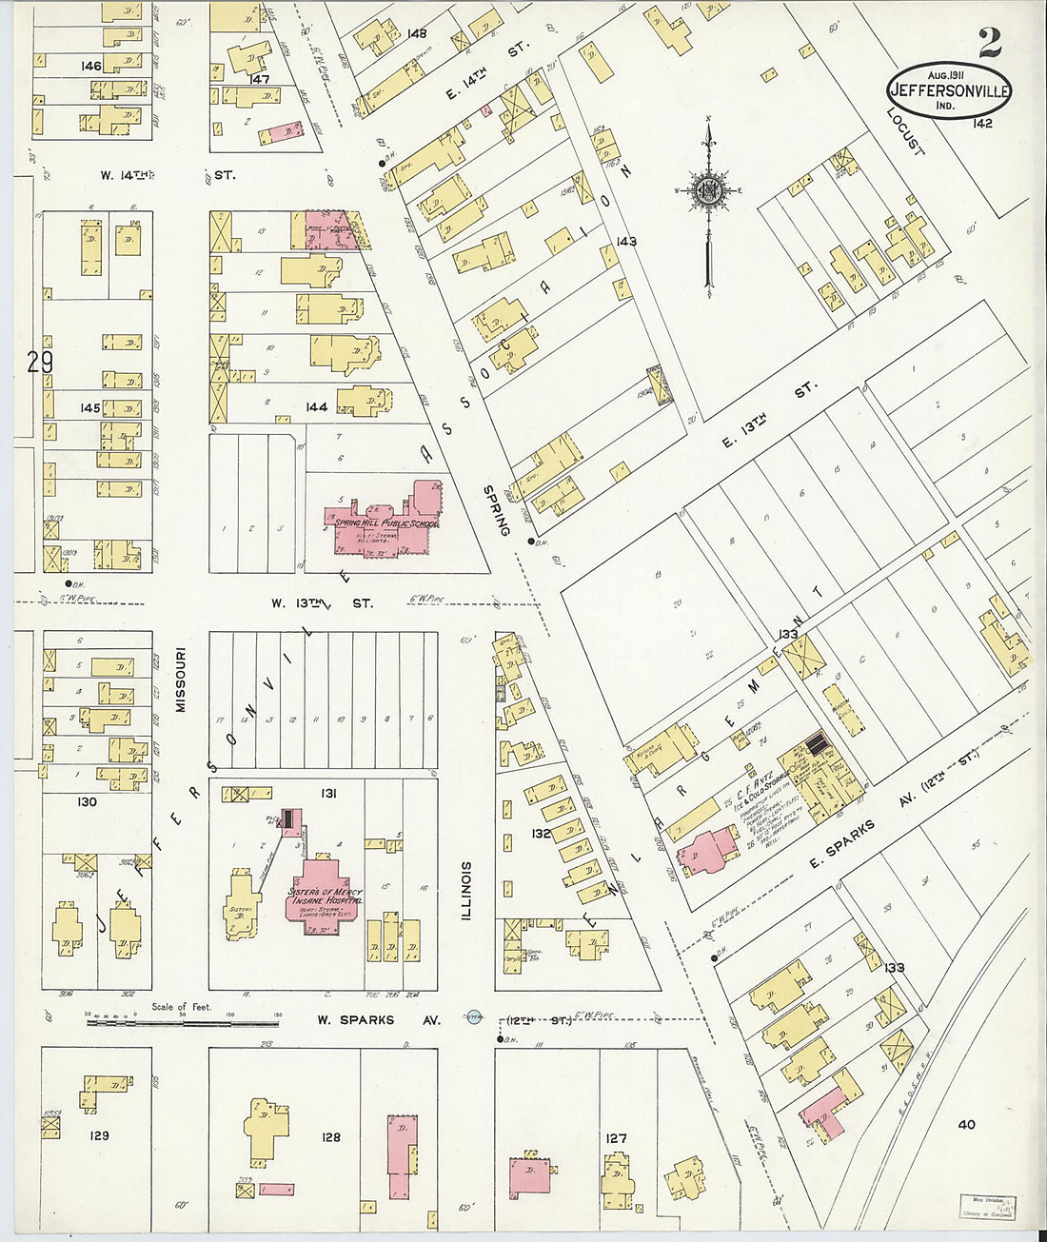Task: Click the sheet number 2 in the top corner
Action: [990, 42]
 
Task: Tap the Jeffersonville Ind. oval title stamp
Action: [949, 91]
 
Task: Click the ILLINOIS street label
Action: [466, 891]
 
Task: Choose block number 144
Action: [316, 407]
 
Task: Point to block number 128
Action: [330, 1136]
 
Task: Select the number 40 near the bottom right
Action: [966, 1124]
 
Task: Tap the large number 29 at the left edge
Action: [40, 363]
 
